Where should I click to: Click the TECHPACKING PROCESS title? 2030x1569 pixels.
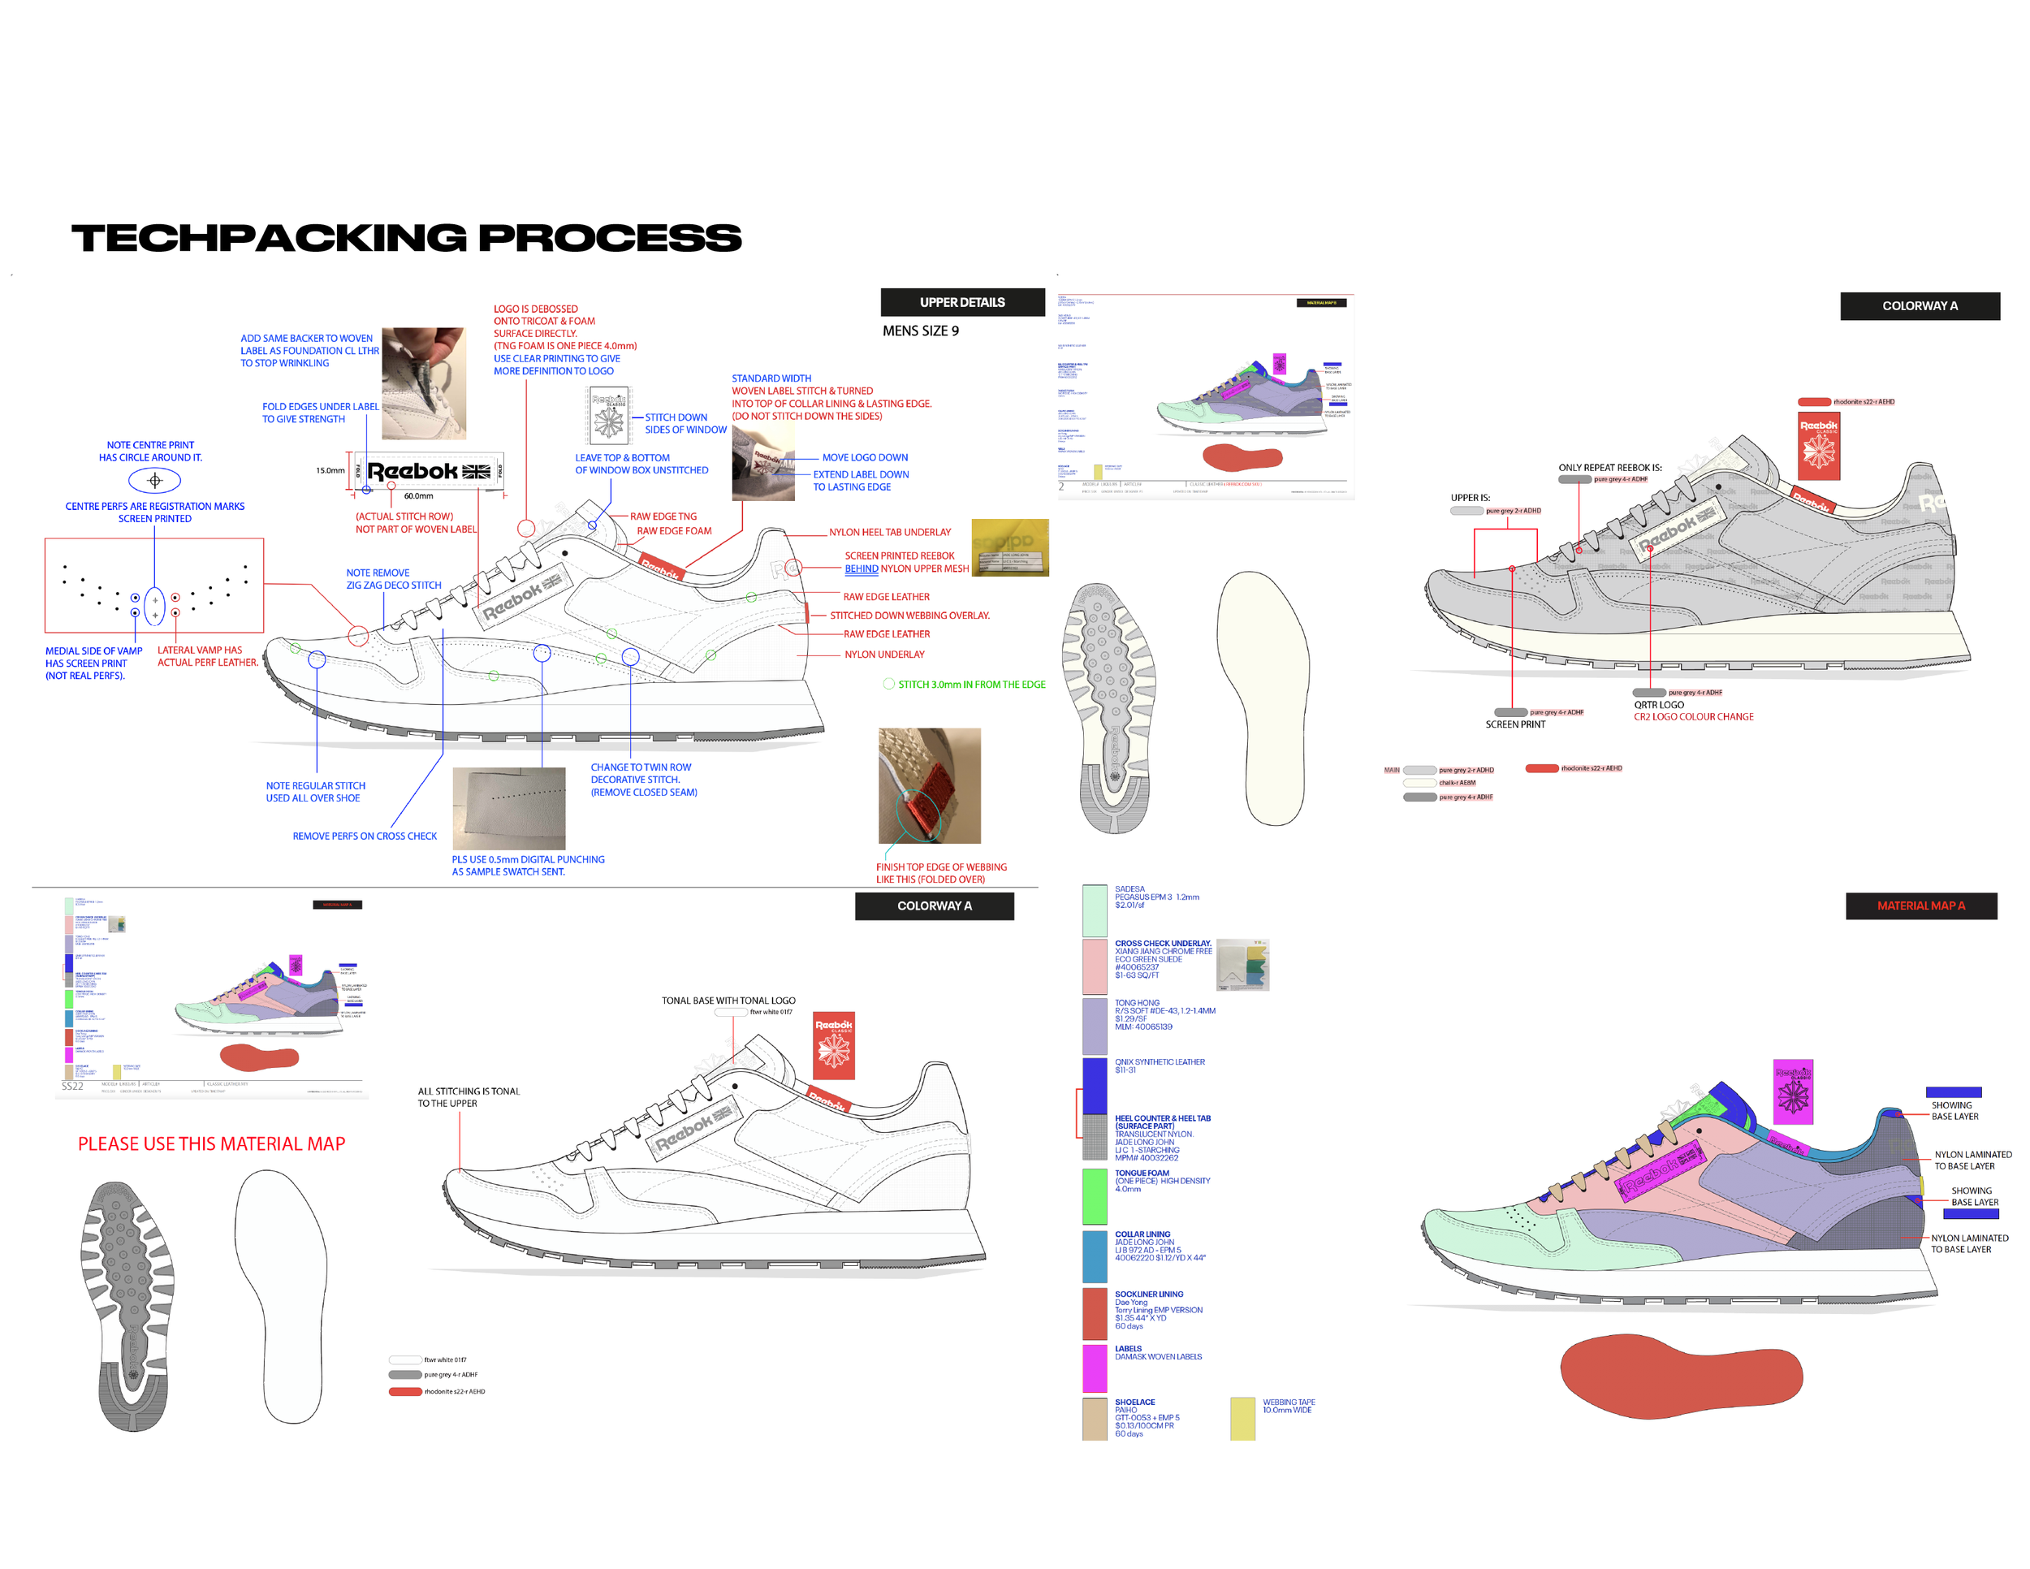[x=406, y=238]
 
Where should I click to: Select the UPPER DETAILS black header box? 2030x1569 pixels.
[x=962, y=302]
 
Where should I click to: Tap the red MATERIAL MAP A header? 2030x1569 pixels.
[x=1920, y=906]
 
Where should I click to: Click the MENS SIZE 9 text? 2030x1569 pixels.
[x=920, y=331]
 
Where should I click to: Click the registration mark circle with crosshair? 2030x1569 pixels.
[x=154, y=481]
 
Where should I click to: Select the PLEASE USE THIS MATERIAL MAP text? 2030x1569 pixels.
[x=211, y=1143]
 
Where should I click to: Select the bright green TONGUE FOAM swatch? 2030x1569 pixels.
[x=1095, y=1195]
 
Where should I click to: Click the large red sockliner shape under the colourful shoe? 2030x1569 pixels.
[x=1681, y=1376]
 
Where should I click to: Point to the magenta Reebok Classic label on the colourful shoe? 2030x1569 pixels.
[x=1793, y=1091]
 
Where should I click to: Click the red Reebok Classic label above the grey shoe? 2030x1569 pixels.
[x=1819, y=445]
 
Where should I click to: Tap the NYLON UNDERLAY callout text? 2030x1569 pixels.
[x=884, y=655]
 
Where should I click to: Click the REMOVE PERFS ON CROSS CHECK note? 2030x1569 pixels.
[x=365, y=836]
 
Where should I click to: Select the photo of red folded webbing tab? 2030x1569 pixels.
[x=930, y=785]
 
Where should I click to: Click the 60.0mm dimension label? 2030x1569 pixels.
[x=418, y=495]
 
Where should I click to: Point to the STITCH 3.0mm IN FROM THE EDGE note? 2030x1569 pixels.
[x=970, y=684]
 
